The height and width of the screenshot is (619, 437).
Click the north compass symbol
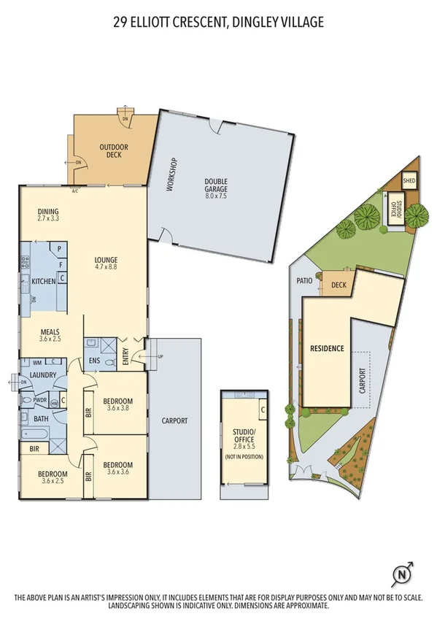coord(401,575)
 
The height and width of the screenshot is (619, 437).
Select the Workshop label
coord(173,174)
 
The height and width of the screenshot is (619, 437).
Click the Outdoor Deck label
coord(113,151)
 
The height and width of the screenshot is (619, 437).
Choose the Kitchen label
coord(44,281)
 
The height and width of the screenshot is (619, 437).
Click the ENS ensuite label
coord(94,361)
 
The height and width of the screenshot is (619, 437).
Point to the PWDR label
coord(40,400)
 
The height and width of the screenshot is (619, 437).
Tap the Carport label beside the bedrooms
coord(175,420)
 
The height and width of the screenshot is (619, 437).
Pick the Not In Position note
coord(244,457)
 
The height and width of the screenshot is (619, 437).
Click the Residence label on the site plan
coord(327,348)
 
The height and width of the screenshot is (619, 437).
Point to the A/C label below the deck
coord(74,191)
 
